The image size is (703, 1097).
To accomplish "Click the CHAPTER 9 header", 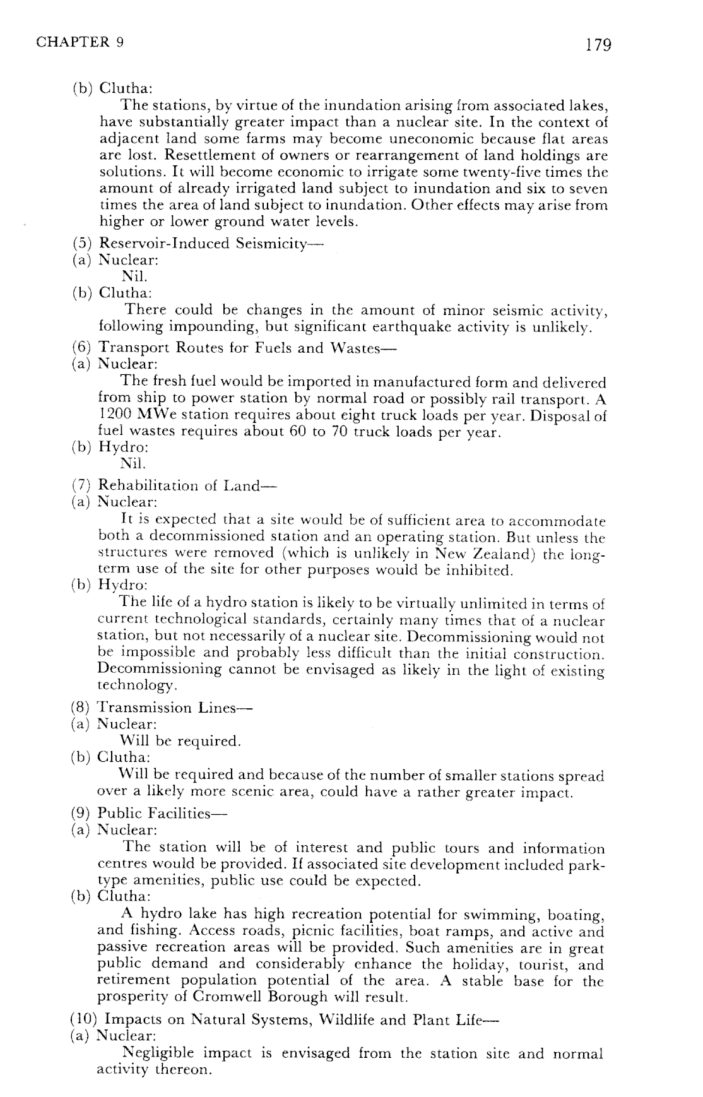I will [80, 42].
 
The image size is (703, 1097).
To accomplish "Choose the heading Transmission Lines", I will [174, 708].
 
